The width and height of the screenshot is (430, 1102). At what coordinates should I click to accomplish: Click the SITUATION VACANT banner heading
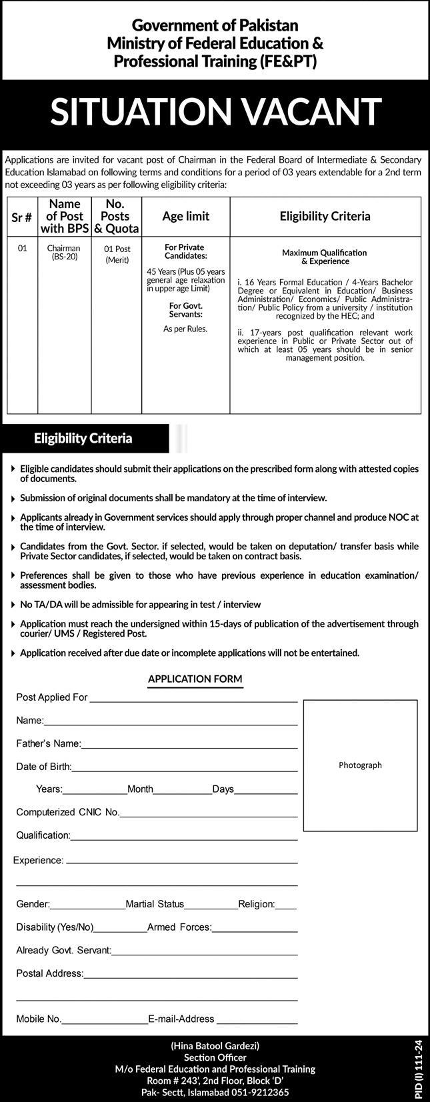click(215, 111)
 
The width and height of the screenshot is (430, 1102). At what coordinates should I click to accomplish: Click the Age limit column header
click(185, 216)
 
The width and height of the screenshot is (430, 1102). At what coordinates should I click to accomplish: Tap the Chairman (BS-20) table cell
click(63, 252)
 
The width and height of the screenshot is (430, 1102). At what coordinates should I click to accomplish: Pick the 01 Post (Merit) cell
click(117, 254)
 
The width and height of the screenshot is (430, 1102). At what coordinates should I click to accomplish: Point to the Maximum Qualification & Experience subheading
click(324, 257)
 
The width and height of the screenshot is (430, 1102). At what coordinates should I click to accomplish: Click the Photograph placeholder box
click(360, 765)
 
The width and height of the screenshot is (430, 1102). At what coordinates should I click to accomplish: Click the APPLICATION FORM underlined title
click(195, 679)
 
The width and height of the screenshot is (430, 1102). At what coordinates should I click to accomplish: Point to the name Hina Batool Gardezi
click(215, 1045)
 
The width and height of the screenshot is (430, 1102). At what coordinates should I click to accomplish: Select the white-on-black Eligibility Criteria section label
click(83, 439)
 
